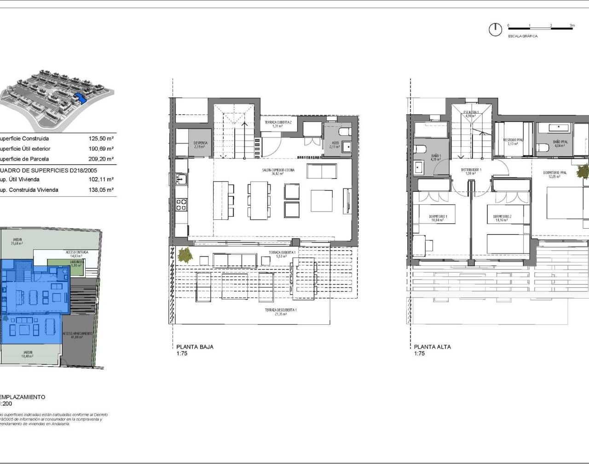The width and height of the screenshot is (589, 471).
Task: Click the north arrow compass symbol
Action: point(495,29)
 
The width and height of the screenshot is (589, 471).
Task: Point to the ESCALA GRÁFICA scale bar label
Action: point(522,36)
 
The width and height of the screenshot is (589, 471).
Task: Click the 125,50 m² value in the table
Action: point(101,138)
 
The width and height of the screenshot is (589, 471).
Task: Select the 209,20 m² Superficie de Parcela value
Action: point(101,159)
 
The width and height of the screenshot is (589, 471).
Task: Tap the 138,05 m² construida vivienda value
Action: point(101,190)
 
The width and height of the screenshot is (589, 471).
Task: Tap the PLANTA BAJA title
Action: point(195,347)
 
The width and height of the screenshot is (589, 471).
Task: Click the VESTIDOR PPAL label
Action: point(513,141)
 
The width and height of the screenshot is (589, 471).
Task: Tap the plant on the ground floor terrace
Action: point(185,254)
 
